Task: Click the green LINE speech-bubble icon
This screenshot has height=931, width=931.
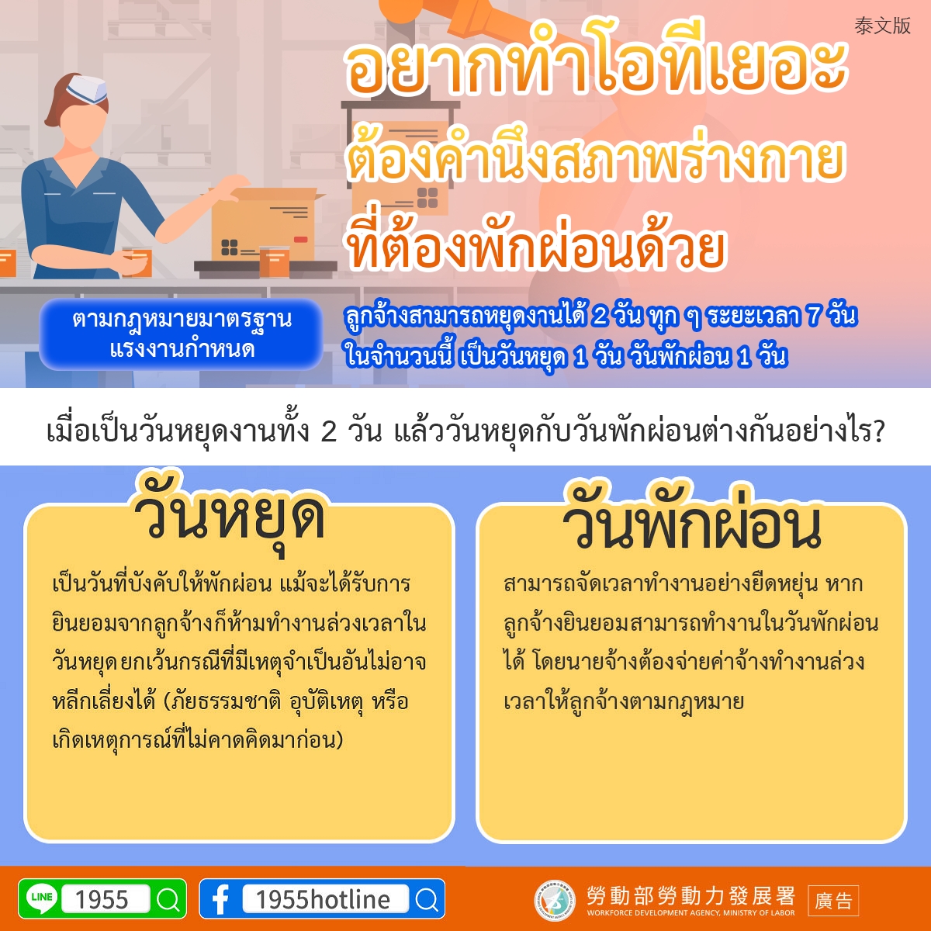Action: click(42, 898)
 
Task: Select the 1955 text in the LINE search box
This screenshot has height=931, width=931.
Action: click(102, 900)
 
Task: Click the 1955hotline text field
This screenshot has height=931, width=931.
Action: click(326, 899)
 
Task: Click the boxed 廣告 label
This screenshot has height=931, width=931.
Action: click(833, 901)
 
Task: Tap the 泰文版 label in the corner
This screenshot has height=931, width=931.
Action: click(882, 26)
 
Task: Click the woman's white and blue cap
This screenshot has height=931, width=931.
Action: click(87, 88)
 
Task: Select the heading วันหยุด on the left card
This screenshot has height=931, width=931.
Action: click(229, 517)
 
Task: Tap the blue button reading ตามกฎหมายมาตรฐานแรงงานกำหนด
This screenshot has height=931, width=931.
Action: click(181, 334)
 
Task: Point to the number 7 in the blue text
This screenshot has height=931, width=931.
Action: click(815, 316)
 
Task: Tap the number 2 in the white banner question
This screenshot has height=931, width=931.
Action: click(328, 431)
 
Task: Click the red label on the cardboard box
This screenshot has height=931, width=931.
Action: click(300, 240)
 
